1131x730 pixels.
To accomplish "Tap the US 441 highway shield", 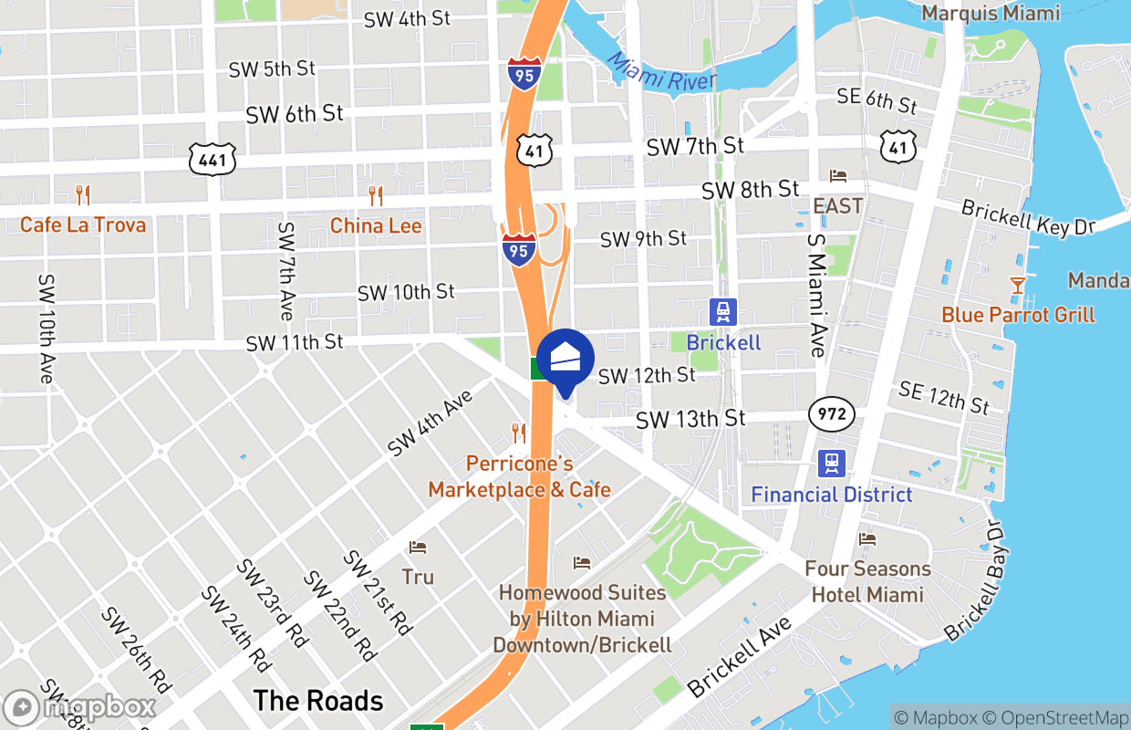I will [x=213, y=160].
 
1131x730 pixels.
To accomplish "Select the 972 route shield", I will [x=831, y=415].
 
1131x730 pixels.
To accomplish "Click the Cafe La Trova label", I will [x=83, y=224].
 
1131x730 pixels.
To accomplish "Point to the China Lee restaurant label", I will [x=376, y=225].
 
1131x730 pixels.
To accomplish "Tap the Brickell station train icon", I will [x=723, y=312].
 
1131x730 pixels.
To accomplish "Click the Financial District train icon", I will [x=831, y=464].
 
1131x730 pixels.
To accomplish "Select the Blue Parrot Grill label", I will [x=1018, y=315].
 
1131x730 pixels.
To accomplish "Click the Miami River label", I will [x=660, y=71].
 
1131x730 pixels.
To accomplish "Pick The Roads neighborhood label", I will [x=318, y=701].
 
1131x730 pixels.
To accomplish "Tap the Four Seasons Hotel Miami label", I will [x=867, y=581].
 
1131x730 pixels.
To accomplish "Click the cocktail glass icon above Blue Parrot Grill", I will [x=1018, y=285].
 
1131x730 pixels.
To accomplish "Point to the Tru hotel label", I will [x=418, y=577].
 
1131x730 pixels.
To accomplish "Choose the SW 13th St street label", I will [x=690, y=419].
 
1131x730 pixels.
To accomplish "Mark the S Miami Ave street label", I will [x=815, y=294].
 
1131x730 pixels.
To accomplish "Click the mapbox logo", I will [x=80, y=707].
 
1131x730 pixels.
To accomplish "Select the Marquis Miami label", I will [x=991, y=13].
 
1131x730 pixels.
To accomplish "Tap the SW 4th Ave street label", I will [x=431, y=423].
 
